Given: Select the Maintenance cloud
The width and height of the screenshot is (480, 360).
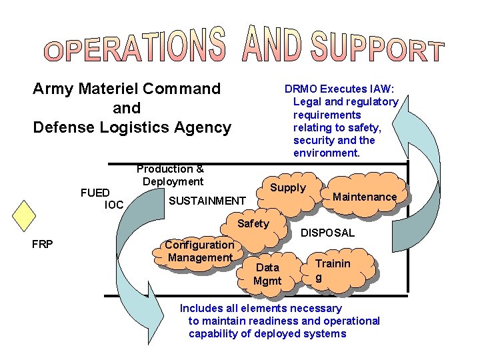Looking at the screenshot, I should pos(364,197).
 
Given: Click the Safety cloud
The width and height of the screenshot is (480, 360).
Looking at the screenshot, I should pos(253,224).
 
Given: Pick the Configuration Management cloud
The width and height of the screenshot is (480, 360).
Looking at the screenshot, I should pos(200,251).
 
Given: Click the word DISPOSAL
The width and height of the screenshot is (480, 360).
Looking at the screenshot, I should pos(327,233).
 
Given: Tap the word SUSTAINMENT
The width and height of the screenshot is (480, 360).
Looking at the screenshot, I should pos(207,201).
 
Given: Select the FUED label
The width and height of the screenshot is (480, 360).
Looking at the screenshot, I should pos(95,193).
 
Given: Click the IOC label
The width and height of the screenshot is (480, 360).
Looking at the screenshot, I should pos(114,205).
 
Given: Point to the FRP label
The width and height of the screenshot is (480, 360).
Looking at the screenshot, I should pos(42,244).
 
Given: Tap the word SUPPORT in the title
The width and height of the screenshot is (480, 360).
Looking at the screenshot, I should pos(377,47).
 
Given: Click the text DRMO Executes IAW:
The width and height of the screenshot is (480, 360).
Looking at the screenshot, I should pos(339,89).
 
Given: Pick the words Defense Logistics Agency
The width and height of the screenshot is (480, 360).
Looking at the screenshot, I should pos(132,127).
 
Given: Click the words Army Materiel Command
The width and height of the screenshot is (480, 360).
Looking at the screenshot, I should pos(127,89).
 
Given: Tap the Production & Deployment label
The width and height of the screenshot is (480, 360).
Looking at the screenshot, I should pos(170,175).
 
